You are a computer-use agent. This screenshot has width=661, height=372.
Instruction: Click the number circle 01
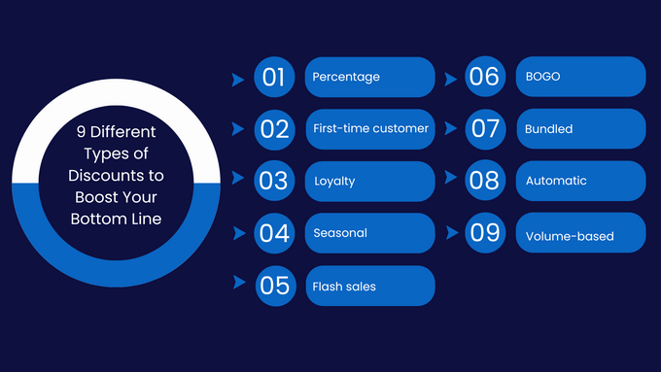[x=274, y=77]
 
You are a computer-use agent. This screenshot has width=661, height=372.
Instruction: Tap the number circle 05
[x=275, y=286]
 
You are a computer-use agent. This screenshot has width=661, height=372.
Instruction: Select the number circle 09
[x=484, y=233]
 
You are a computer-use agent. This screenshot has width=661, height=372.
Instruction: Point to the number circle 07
[x=484, y=128]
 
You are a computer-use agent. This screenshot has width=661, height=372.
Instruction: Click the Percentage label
[x=346, y=77]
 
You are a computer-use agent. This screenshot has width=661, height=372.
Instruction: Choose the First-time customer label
[x=370, y=128]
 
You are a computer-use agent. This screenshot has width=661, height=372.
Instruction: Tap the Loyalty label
[x=334, y=181]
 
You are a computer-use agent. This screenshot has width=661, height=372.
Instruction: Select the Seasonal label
[x=340, y=233]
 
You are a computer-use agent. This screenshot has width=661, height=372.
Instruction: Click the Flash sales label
[x=344, y=287]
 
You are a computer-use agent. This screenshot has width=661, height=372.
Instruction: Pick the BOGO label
[x=542, y=77]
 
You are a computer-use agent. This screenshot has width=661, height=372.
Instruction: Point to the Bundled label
[x=549, y=128]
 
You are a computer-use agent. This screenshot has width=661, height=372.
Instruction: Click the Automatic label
[x=556, y=181]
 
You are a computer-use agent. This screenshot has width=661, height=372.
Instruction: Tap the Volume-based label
[x=570, y=236]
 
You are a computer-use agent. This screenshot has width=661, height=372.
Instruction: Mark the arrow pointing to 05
[x=238, y=283]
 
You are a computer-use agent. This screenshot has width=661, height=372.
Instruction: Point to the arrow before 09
[x=452, y=234]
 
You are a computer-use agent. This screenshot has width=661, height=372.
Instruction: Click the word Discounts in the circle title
[x=116, y=175]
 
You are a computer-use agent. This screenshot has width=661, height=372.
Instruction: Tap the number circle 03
[x=274, y=181]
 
